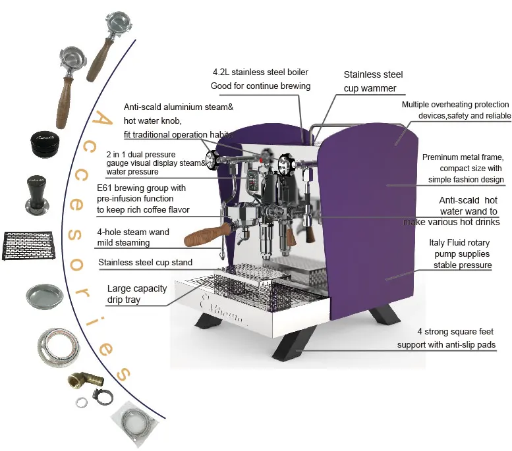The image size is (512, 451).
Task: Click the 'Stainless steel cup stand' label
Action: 146,263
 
